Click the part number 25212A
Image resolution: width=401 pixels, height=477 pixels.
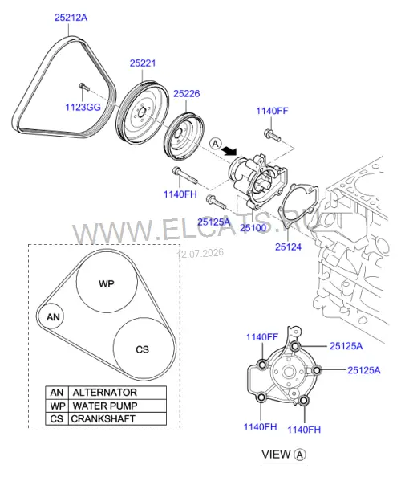click(x=71, y=18)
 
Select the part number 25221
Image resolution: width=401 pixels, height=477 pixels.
click(x=143, y=63)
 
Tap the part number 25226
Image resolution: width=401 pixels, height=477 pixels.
click(x=187, y=94)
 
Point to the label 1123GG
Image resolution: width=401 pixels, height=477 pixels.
click(x=83, y=107)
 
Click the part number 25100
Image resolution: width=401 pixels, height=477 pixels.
click(x=253, y=227)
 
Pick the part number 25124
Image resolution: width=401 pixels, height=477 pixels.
click(x=288, y=247)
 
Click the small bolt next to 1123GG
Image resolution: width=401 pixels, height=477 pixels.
click(x=84, y=87)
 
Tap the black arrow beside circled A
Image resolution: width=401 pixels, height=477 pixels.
click(x=229, y=150)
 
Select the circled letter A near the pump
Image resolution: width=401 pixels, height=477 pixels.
click(x=216, y=143)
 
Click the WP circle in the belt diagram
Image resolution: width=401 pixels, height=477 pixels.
click(x=107, y=281)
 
